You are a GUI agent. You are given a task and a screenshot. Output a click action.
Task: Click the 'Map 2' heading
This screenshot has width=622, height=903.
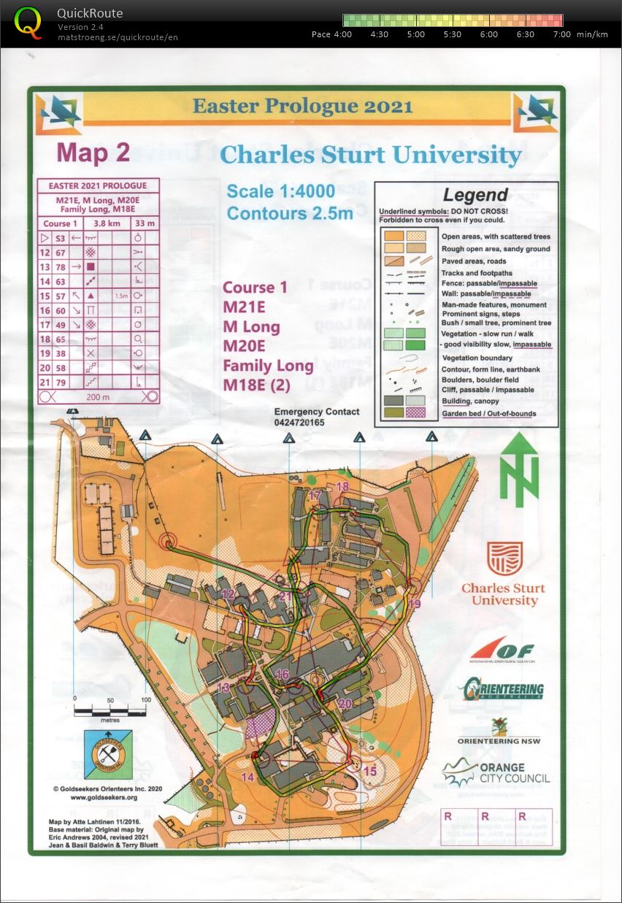(x=93, y=153)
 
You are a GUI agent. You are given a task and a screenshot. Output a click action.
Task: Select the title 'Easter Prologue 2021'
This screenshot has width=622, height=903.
(x=302, y=106)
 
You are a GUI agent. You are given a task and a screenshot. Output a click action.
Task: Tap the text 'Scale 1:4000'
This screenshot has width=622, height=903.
(x=280, y=191)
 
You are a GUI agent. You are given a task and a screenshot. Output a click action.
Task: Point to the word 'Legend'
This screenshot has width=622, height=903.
(x=475, y=195)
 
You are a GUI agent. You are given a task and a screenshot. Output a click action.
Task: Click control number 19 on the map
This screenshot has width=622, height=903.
(x=415, y=604)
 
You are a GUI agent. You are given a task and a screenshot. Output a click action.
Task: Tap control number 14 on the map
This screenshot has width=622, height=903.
(x=247, y=777)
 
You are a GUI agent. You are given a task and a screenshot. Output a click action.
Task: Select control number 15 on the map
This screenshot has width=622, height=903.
(x=370, y=771)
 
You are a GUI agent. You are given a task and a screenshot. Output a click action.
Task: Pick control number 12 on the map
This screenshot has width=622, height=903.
(x=228, y=595)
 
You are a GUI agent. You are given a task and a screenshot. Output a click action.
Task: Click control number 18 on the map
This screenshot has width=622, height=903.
(x=342, y=487)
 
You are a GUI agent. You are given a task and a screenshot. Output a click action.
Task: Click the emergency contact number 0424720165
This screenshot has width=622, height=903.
(x=299, y=423)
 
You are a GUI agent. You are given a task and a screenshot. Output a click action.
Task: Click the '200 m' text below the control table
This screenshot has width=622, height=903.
(x=97, y=396)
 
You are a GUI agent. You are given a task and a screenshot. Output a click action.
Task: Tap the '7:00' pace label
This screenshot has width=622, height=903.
(x=562, y=34)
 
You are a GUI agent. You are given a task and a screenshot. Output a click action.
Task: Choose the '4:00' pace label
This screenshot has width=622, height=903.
(x=343, y=34)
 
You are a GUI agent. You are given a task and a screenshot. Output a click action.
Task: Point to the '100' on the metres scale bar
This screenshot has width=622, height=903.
(x=145, y=699)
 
